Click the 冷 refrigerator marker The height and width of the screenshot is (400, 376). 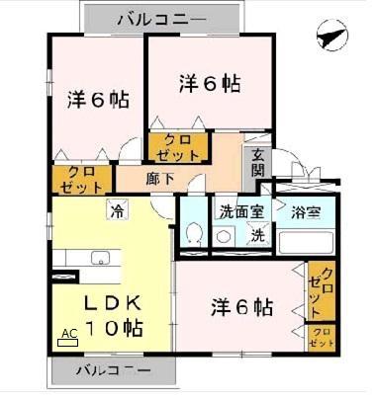click(x=118, y=208)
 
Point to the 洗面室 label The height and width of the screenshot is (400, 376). click(x=240, y=210)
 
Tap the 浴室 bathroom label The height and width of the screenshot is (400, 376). click(x=307, y=210)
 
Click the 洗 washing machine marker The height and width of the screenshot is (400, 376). click(x=256, y=236)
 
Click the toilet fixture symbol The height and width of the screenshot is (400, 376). click(x=194, y=234)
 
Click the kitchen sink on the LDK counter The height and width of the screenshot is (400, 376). click(x=101, y=259)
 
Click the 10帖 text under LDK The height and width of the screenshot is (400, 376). click(x=113, y=329)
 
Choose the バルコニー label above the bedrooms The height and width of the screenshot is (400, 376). click(x=161, y=19)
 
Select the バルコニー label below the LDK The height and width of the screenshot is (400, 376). click(x=114, y=372)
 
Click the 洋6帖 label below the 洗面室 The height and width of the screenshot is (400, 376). click(x=241, y=307)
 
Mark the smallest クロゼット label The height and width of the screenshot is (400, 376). click(x=322, y=337)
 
